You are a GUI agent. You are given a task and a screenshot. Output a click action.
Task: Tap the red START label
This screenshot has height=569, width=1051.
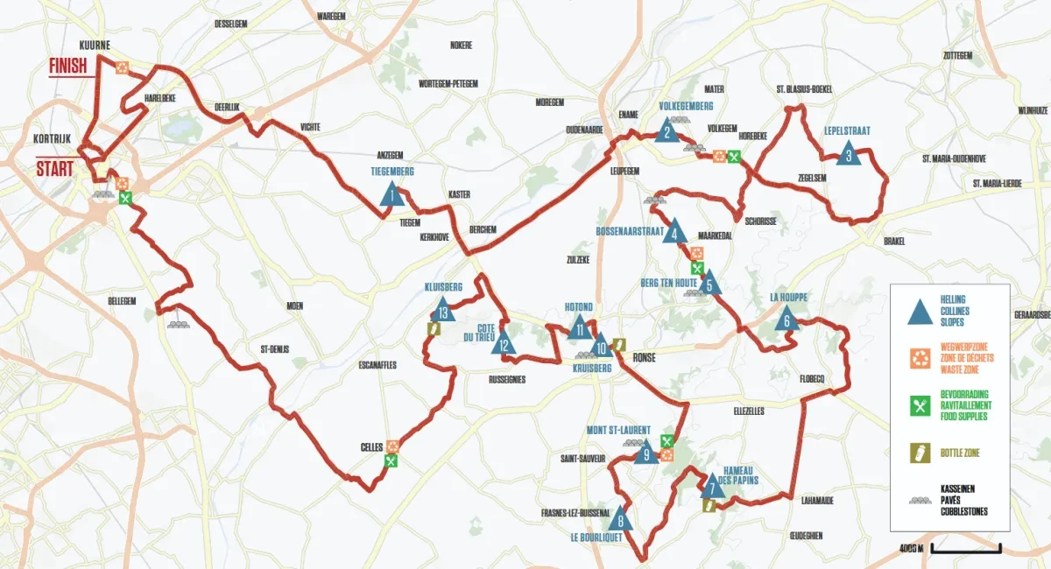coord(54,167)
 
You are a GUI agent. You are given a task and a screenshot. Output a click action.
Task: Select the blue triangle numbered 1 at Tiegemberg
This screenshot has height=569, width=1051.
coord(393,194)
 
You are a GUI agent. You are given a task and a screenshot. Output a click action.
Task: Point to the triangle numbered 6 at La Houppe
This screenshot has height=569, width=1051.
coord(786,320)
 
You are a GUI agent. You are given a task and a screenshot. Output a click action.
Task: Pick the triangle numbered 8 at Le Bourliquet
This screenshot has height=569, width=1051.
coord(620,519)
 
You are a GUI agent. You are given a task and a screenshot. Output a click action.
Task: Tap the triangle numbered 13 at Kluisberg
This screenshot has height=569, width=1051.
coord(443,310)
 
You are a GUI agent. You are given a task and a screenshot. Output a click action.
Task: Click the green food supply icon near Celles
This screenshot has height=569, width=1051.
coord(391,460)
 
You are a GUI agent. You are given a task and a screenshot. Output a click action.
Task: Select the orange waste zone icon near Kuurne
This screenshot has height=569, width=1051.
coord(123,67)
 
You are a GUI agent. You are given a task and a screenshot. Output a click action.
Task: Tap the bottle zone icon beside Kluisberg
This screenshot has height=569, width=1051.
coord(432,328)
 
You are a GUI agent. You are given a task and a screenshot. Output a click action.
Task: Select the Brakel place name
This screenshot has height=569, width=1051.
coord(893,241)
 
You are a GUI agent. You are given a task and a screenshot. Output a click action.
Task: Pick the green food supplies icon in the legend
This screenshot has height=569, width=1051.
coord(920,405)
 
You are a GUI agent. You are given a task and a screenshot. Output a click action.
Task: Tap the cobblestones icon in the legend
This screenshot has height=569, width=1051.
coord(920,499)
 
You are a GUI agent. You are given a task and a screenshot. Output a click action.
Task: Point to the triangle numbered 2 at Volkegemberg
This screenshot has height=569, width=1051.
coord(667,131)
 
